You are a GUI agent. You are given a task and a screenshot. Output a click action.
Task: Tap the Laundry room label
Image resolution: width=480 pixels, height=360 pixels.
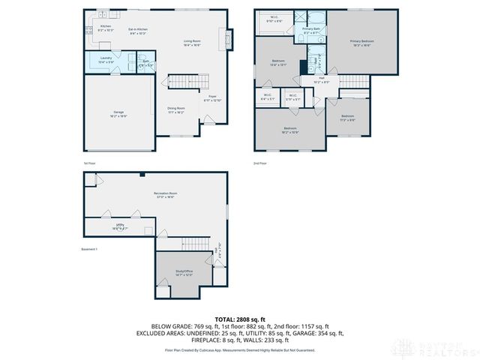click(105, 58)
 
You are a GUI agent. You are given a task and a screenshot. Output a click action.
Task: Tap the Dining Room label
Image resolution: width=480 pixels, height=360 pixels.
click(176, 109)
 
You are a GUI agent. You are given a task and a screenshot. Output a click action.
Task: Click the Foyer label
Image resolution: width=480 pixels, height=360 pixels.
click(212, 97)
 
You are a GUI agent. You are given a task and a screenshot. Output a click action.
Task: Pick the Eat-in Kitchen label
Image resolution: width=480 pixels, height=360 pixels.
click(136, 31)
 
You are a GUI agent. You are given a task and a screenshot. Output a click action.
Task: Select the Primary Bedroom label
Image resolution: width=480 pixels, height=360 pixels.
click(361, 43)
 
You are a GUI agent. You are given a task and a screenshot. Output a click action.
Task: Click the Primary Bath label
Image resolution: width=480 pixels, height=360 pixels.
click(311, 30)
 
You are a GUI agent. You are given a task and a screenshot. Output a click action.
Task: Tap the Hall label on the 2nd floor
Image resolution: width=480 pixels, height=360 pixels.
click(321, 79)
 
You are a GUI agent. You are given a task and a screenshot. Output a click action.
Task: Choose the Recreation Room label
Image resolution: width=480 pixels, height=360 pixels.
click(165, 195)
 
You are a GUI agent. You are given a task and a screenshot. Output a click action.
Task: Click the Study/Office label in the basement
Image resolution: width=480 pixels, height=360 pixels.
click(184, 273)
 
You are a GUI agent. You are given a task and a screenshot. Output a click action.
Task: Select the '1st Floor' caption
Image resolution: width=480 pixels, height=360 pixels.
click(90, 163)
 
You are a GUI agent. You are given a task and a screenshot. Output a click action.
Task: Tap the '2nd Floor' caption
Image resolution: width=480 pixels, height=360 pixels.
click(260, 163)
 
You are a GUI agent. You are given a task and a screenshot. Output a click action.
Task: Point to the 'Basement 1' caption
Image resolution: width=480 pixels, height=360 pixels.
click(90, 249)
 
